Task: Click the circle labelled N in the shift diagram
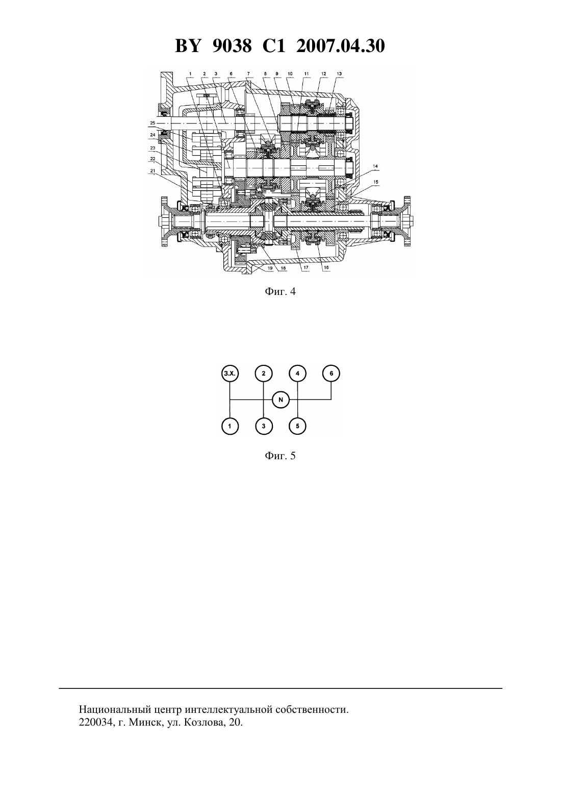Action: coord(281,400)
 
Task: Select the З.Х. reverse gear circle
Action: coord(230,373)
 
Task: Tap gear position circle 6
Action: coord(331,373)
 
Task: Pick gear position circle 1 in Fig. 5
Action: coord(230,426)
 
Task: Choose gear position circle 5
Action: coord(297,426)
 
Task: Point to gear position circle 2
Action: coord(264,373)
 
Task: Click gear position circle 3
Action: coord(264,426)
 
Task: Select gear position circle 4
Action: coord(297,373)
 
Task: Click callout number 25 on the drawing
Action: coord(152,122)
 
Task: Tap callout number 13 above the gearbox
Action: coord(339,73)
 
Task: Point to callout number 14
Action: coord(375,166)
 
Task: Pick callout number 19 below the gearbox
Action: coord(270,268)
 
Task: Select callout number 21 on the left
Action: coord(152,170)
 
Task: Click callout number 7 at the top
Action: coord(248,73)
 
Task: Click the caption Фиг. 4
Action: coord(280,292)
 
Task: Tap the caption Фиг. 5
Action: coord(280,456)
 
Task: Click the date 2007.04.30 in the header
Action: coord(340,46)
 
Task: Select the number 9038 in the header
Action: coord(232,46)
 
